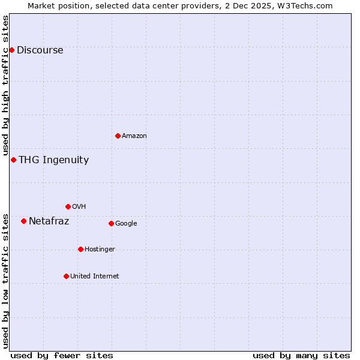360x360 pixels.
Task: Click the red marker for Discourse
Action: tap(11, 50)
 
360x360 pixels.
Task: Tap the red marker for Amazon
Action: tap(118, 136)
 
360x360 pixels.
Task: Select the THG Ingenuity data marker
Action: tap(13, 160)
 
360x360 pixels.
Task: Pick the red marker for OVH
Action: tap(68, 206)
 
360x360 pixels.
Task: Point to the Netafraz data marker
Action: tap(23, 221)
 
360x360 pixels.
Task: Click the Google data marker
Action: tap(111, 223)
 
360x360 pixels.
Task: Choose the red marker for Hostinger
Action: tap(80, 249)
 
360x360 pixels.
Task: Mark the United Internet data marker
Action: tap(66, 276)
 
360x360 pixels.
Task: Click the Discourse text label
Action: tap(40, 50)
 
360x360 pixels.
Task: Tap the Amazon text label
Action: tap(134, 136)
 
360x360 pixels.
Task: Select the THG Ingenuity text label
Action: tap(53, 160)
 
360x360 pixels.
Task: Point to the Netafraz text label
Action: tap(49, 221)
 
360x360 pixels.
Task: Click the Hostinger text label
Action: tap(100, 250)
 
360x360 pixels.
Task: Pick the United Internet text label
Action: tap(94, 277)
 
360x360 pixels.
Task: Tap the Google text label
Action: tap(126, 224)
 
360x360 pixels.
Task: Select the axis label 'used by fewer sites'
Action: tap(62, 355)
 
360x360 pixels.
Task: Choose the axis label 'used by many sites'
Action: tap(301, 355)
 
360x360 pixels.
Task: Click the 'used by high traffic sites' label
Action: tap(6, 86)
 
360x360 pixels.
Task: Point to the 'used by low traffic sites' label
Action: tap(6, 281)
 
